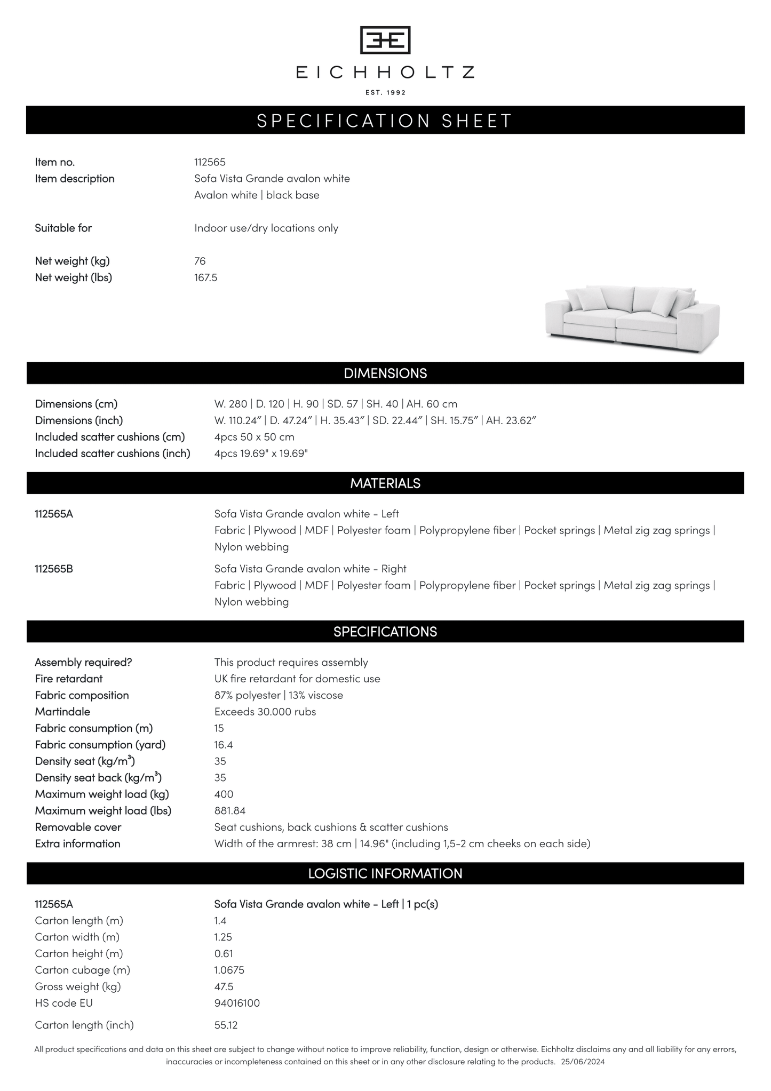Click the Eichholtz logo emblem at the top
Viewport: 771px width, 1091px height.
[x=385, y=40]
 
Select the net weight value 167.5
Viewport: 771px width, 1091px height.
[x=205, y=277]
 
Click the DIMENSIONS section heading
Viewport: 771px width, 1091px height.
[x=385, y=373]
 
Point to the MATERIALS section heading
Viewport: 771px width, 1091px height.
[x=385, y=483]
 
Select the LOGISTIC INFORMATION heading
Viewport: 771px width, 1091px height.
[x=385, y=873]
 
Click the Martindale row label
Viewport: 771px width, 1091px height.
[x=62, y=712]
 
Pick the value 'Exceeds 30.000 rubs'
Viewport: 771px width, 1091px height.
[x=265, y=712]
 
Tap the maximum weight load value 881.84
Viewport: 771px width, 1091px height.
[x=230, y=810]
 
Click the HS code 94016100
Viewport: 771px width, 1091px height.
[x=237, y=1003]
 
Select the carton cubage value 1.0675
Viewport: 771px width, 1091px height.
[x=229, y=970]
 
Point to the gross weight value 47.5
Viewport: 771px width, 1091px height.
[x=224, y=986]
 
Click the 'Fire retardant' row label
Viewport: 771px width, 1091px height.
[x=69, y=679]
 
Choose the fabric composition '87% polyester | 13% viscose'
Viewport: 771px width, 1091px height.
[x=279, y=695]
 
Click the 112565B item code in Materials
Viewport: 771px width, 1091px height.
[x=54, y=569]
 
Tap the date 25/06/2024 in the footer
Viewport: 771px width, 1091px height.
[x=583, y=1062]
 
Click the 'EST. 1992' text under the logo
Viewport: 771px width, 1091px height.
[x=385, y=93]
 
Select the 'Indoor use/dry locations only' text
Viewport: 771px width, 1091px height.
[x=266, y=228]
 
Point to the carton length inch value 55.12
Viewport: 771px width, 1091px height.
[x=226, y=1025]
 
